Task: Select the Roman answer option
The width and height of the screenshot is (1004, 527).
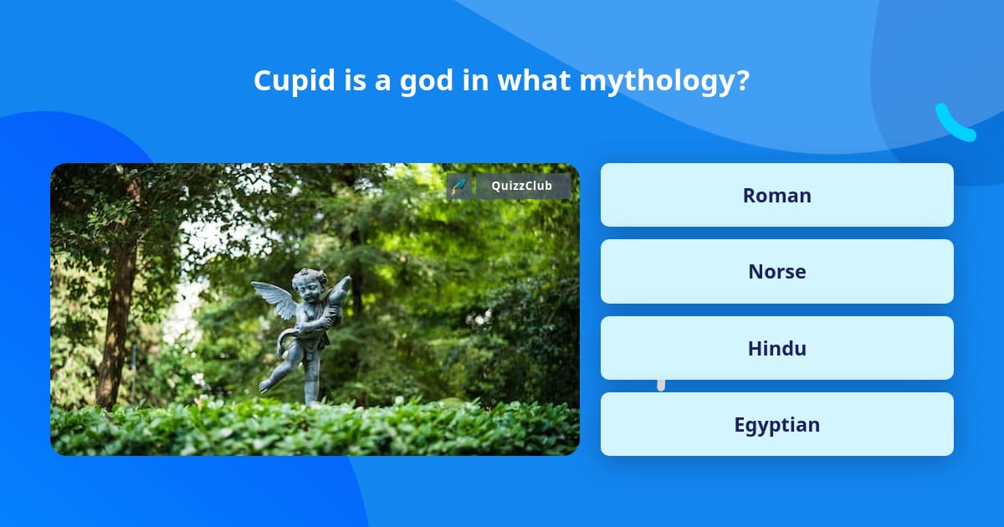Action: click(x=776, y=195)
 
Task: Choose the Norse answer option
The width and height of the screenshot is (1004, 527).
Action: click(x=776, y=271)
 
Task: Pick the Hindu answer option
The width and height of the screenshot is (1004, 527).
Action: click(x=776, y=348)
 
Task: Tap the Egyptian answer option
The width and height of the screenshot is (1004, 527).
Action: click(x=776, y=424)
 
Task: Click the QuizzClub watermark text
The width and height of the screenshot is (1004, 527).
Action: click(x=523, y=186)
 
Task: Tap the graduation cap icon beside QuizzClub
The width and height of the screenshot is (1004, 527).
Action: click(x=458, y=186)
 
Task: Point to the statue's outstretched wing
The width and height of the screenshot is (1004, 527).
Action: click(x=274, y=299)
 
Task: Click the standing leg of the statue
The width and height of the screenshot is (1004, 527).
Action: click(x=312, y=381)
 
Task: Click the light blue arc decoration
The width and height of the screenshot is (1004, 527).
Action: click(x=954, y=124)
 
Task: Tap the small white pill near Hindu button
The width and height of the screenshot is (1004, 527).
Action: click(x=661, y=385)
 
